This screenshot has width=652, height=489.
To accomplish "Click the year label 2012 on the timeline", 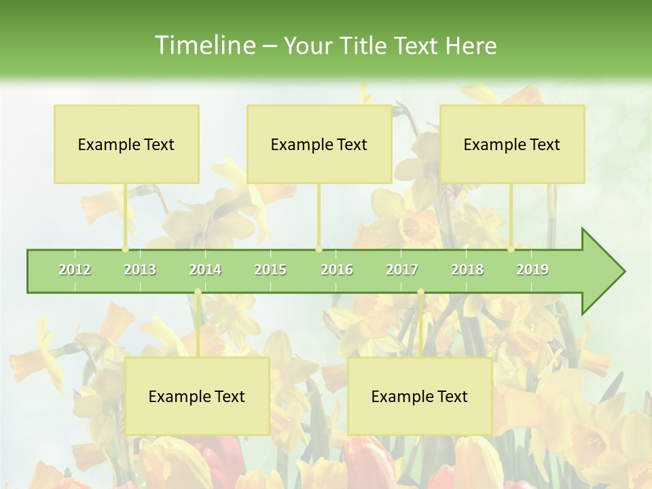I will [75, 270].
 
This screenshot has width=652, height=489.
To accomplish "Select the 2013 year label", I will [140, 270].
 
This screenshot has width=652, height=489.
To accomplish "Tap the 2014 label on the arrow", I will [205, 270].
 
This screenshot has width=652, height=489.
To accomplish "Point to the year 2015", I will [270, 270].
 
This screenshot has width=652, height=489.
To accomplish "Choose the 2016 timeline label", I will [337, 270].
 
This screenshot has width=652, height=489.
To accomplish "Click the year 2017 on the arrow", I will [402, 270].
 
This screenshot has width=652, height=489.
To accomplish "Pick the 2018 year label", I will [467, 270].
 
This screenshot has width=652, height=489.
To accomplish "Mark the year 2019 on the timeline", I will [532, 270].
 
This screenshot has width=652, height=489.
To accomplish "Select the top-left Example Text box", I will [126, 145].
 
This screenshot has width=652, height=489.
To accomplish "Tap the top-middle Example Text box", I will [319, 145].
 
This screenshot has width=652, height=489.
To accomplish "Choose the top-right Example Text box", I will [512, 145].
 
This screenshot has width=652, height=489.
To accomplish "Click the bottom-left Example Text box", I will [197, 397].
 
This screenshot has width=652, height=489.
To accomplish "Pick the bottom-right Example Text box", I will [420, 397].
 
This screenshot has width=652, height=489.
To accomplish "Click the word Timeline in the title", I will [204, 46].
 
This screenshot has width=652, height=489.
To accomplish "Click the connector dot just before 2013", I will [125, 249].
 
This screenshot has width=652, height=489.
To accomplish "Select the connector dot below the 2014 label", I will [198, 292].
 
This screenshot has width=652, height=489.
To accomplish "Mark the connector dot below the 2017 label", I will [420, 292].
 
